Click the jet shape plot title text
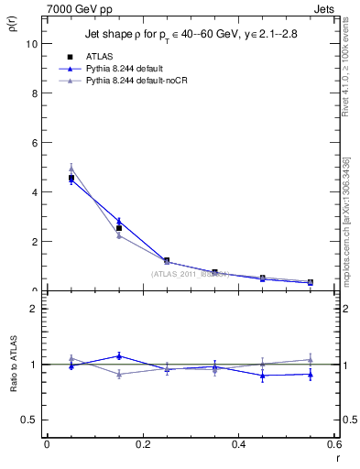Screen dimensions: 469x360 pos(191,35)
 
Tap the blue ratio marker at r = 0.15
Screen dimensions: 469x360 pos(119,355)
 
